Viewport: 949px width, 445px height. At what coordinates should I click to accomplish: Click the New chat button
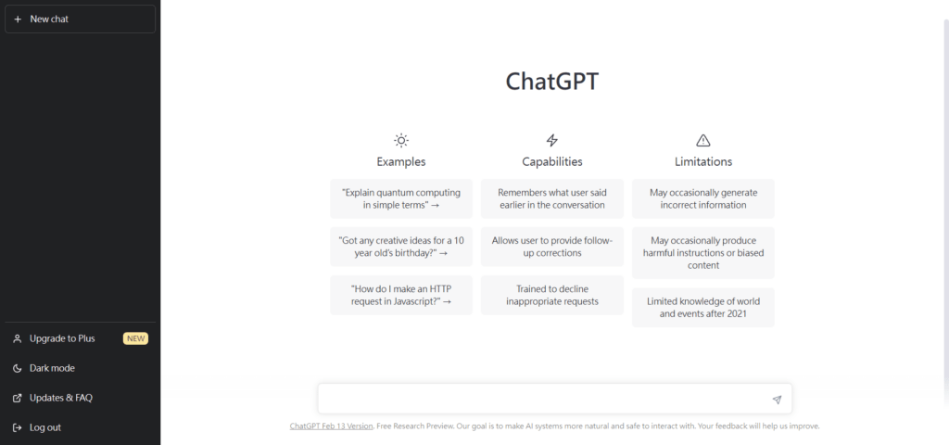pyautogui.click(x=80, y=19)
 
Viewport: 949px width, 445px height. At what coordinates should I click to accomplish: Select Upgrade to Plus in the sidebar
pyautogui.click(x=62, y=338)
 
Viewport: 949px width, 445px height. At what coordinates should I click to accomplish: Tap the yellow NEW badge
pyautogui.click(x=135, y=338)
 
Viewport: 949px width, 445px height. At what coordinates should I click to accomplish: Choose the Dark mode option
pyautogui.click(x=52, y=368)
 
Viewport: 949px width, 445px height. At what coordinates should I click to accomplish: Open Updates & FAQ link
pyautogui.click(x=61, y=398)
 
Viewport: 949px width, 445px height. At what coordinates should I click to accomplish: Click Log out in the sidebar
pyautogui.click(x=45, y=427)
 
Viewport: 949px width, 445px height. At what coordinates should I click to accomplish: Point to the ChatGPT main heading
pyautogui.click(x=552, y=82)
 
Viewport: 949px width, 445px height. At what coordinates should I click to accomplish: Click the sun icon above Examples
pyautogui.click(x=400, y=141)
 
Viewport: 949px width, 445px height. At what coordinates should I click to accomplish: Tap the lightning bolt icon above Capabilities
pyautogui.click(x=552, y=141)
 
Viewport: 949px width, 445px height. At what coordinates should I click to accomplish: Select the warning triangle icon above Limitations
pyautogui.click(x=702, y=141)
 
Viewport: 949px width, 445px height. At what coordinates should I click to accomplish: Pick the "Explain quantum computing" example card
pyautogui.click(x=400, y=198)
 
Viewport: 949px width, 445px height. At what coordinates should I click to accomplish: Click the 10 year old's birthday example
pyautogui.click(x=400, y=247)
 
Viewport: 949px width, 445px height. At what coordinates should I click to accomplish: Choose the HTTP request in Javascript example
pyautogui.click(x=400, y=295)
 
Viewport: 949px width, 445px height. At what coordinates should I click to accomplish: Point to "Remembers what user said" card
pyautogui.click(x=552, y=198)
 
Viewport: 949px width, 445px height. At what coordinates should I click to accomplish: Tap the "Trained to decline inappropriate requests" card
pyautogui.click(x=552, y=295)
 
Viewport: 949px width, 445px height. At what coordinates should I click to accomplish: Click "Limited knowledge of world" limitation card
pyautogui.click(x=702, y=308)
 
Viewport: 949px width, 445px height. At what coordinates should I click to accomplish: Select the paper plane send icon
pyautogui.click(x=778, y=400)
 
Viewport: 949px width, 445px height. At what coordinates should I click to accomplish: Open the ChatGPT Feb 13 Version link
pyautogui.click(x=331, y=426)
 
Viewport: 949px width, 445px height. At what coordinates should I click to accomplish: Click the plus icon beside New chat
pyautogui.click(x=18, y=19)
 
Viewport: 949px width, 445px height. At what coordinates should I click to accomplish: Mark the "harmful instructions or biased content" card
pyautogui.click(x=702, y=253)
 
